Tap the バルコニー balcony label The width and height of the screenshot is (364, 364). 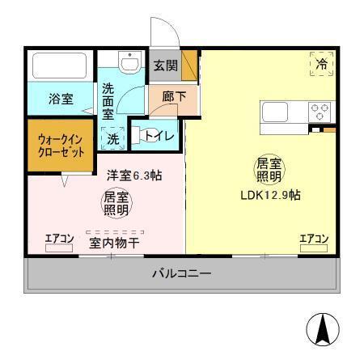coord(181,273)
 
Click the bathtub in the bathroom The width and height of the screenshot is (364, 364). coord(60,66)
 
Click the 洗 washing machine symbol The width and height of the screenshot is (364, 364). coord(113,138)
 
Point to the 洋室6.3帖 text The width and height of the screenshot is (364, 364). coord(134,174)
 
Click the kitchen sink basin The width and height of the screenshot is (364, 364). coord(273,112)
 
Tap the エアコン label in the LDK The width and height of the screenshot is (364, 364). coord(313,238)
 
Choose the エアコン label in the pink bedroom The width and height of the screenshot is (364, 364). coord(59,239)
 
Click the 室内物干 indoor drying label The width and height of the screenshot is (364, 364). coord(112,241)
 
